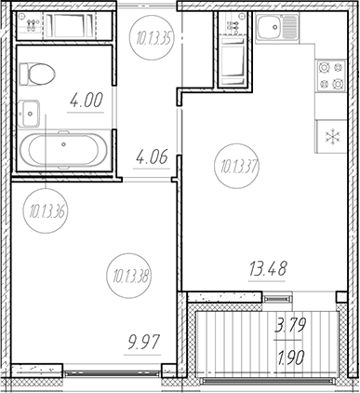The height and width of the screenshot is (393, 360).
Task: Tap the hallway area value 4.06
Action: (151, 157)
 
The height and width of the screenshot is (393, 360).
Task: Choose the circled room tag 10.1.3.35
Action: (152, 38)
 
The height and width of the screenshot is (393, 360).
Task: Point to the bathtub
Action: (64, 147)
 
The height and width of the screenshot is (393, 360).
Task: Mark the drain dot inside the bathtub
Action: (64, 144)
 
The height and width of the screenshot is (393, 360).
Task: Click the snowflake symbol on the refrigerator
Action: (331, 136)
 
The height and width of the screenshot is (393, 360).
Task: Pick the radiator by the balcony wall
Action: (276, 297)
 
